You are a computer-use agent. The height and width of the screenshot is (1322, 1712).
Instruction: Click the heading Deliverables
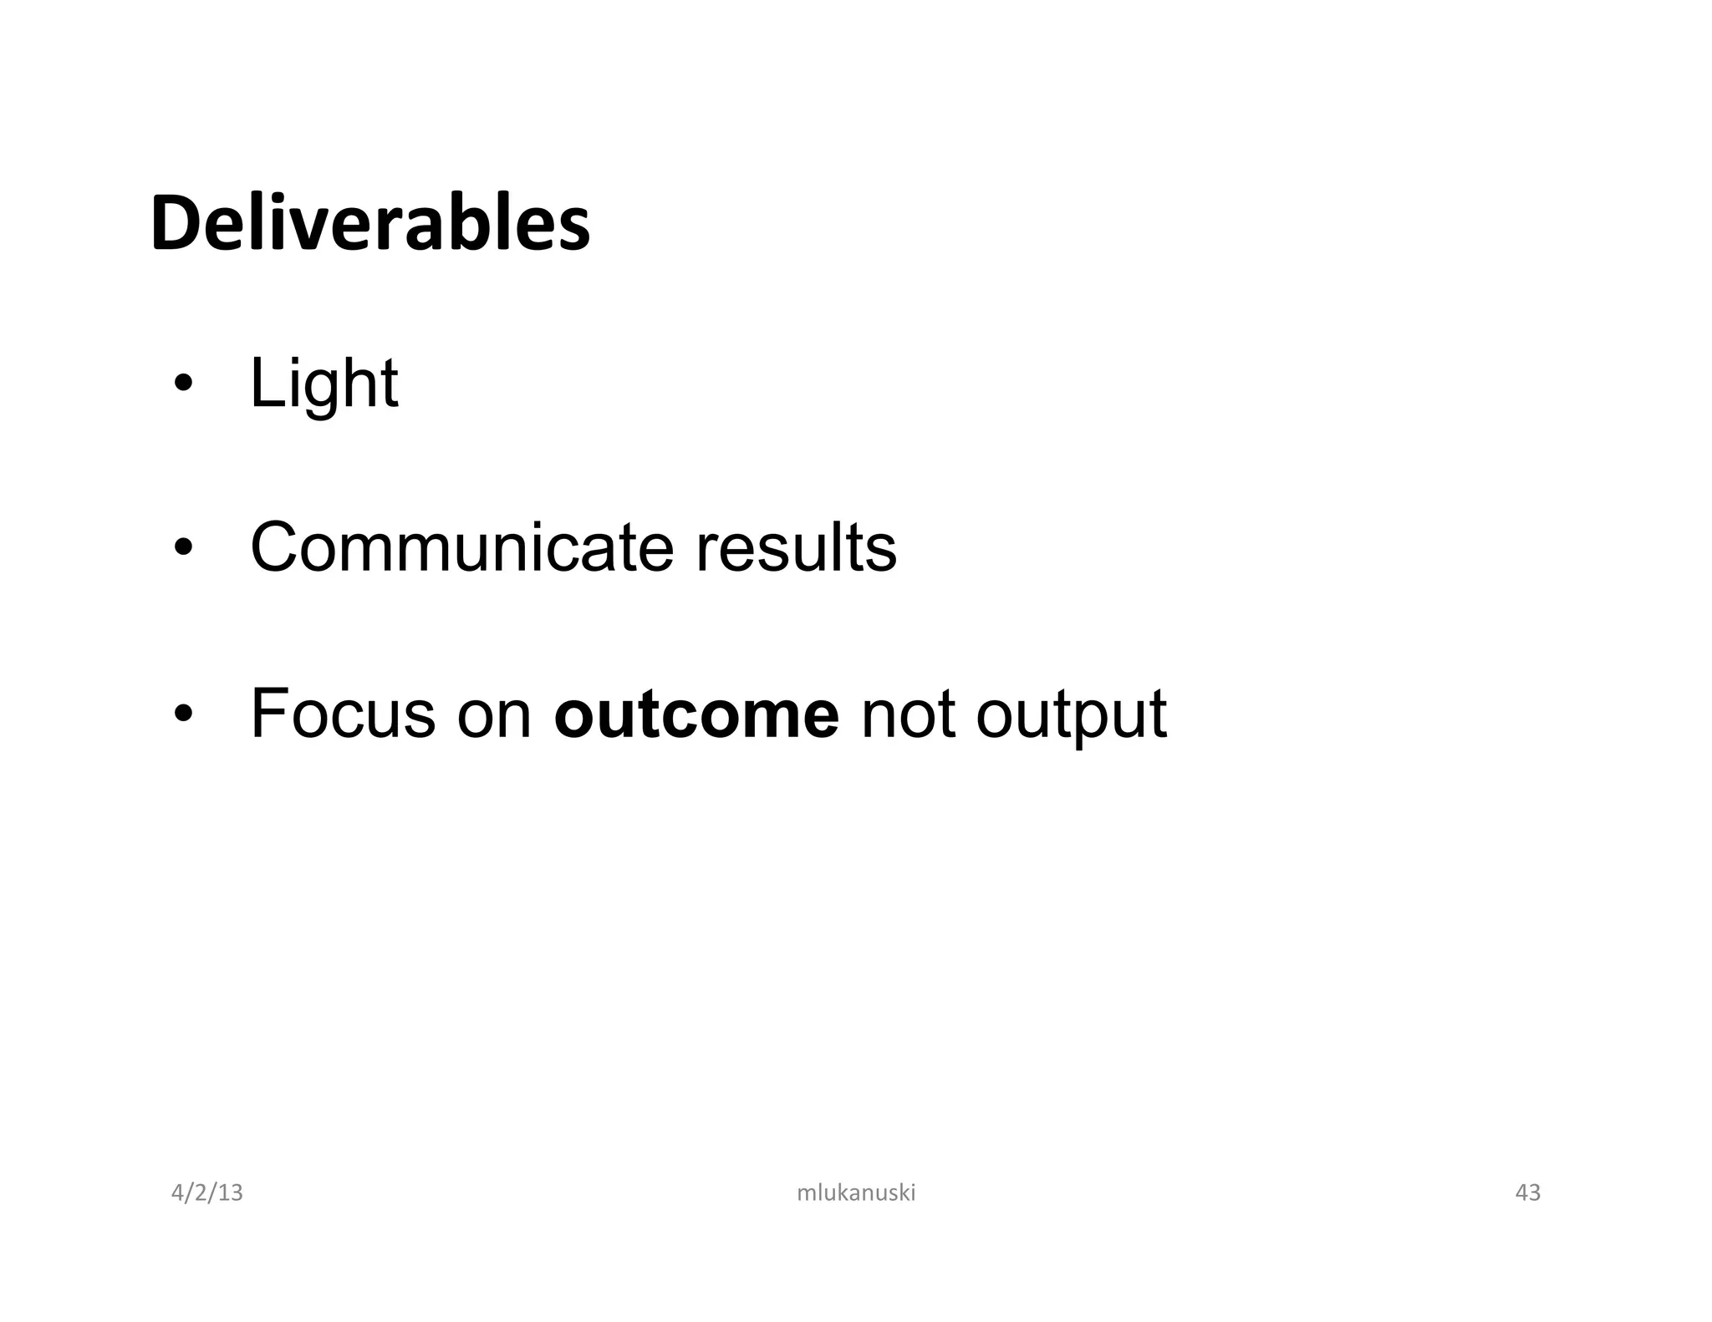coord(370,224)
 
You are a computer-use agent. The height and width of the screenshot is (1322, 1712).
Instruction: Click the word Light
coord(324,384)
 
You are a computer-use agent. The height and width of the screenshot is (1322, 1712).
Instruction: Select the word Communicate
coord(461,547)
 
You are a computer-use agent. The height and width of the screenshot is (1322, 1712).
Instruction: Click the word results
coord(796,547)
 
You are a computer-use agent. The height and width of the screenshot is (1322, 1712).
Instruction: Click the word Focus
coord(343,714)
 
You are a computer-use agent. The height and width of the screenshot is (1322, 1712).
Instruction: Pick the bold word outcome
coord(696,715)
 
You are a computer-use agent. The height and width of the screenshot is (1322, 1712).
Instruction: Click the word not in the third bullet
coord(907,715)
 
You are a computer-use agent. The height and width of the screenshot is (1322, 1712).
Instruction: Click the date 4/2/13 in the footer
coord(206,1192)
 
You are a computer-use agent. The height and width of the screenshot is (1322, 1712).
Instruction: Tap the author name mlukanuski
coord(856,1192)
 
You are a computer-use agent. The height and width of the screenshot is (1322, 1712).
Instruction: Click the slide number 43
coord(1527,1192)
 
